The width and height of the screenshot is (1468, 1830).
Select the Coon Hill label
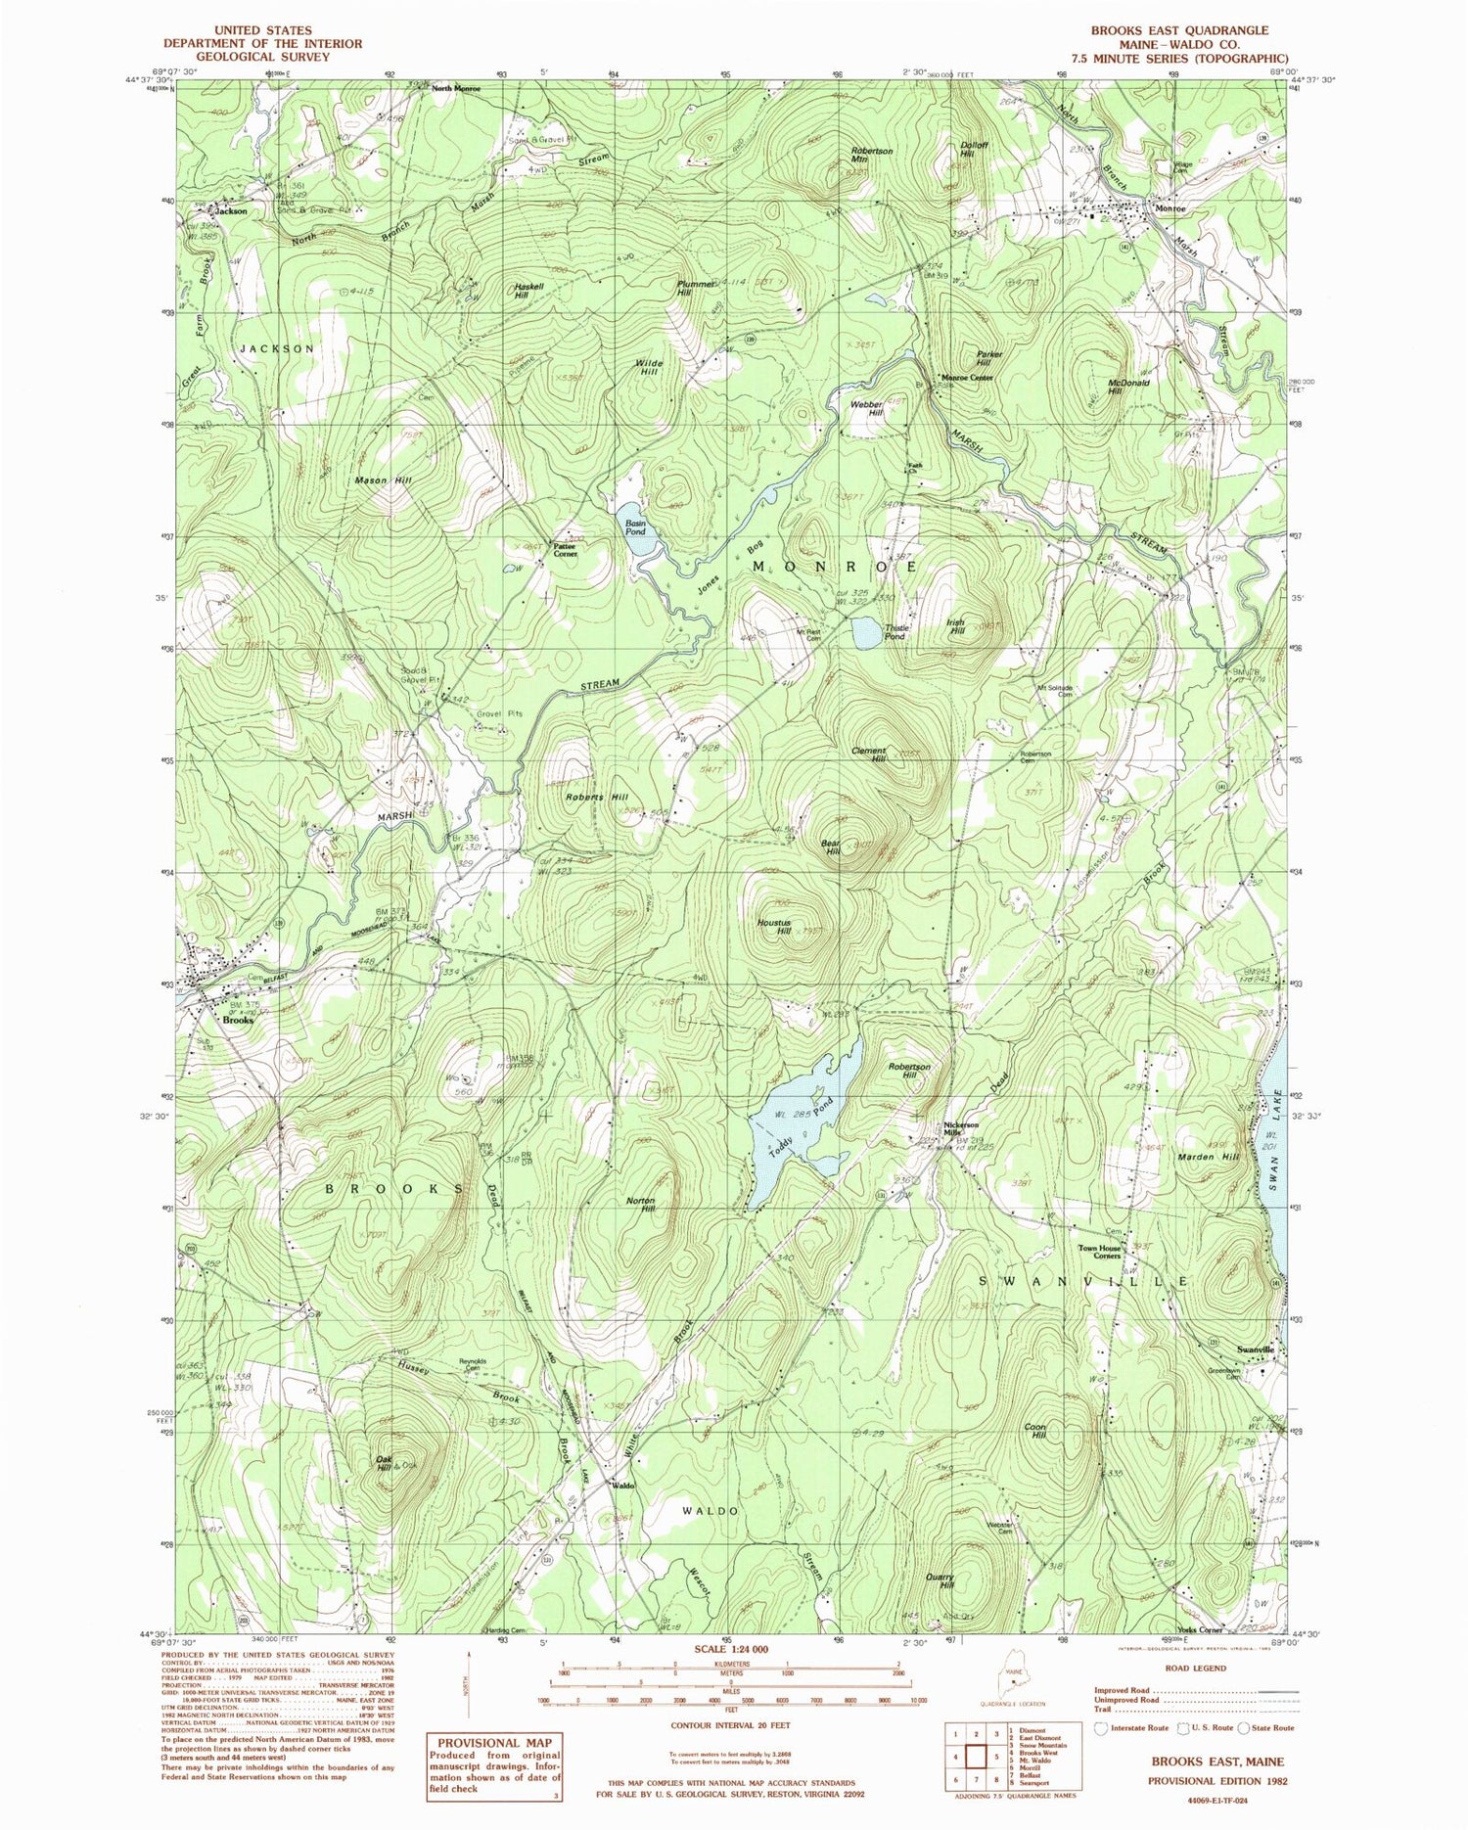[x=1035, y=1430]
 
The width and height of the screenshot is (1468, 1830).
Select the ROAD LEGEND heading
[x=1196, y=1668]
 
